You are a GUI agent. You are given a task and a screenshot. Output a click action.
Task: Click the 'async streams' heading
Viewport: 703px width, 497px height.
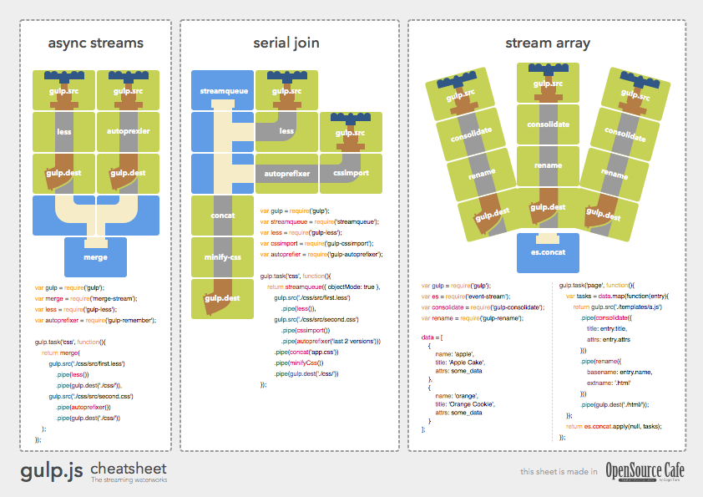95,43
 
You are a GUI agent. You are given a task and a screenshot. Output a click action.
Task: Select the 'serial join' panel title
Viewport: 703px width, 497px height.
286,43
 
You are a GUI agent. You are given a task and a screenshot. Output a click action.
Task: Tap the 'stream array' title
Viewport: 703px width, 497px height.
547,43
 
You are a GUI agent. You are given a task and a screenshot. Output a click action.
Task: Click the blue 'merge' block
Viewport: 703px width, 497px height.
95,256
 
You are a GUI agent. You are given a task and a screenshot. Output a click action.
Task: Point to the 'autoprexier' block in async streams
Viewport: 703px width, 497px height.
128,131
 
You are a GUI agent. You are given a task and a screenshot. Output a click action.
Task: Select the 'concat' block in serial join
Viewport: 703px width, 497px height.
222,216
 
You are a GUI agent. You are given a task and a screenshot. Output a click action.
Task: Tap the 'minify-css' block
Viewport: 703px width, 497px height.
222,257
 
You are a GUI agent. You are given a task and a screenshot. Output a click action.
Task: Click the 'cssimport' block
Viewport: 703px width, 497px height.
350,174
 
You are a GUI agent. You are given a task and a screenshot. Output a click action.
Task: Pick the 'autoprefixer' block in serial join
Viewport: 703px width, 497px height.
286,174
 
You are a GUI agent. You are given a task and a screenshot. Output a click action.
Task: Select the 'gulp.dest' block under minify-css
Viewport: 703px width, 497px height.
222,299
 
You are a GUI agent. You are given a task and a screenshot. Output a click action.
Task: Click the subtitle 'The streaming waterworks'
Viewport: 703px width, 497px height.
129,480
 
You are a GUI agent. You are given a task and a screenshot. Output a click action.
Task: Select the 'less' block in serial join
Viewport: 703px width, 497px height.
286,131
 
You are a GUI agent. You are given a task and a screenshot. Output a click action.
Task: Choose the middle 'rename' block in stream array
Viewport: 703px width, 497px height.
547,165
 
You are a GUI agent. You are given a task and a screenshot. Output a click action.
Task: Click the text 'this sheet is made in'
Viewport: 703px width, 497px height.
558,472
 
